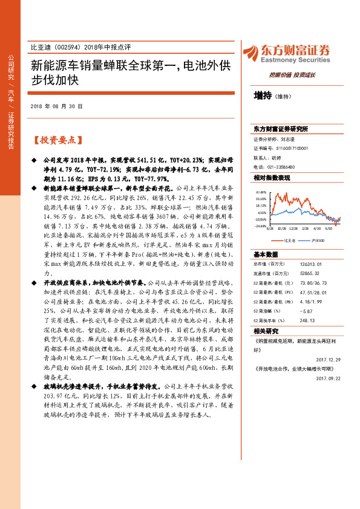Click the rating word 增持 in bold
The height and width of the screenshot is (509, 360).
point(263,96)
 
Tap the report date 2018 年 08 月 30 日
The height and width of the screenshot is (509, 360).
point(56,106)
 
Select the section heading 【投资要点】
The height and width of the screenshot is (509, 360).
point(56,140)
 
